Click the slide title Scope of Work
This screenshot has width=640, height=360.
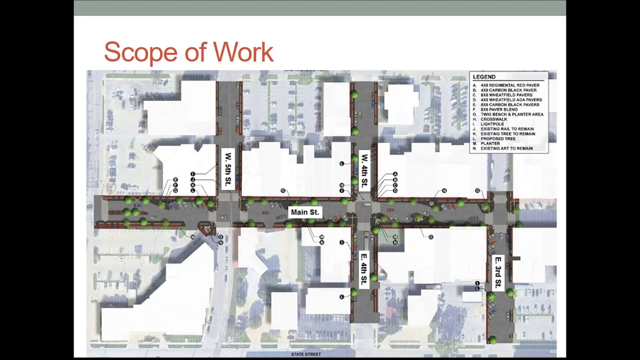click(x=188, y=52)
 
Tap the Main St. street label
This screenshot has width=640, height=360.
click(x=304, y=212)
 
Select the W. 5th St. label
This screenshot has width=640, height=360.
click(x=228, y=169)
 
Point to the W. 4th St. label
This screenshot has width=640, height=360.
click(x=364, y=170)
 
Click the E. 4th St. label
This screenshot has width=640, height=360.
click(x=364, y=269)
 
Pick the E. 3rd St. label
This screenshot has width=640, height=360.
click(x=498, y=272)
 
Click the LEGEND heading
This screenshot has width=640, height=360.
click(x=484, y=77)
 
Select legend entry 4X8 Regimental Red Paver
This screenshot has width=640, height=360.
click(x=509, y=85)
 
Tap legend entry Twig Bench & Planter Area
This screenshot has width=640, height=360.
click(x=511, y=114)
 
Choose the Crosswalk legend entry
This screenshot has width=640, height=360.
click(x=493, y=119)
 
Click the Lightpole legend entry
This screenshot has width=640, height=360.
click(x=492, y=124)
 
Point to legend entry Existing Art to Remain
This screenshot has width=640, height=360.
click(x=506, y=148)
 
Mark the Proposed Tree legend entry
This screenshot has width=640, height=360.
click(x=497, y=138)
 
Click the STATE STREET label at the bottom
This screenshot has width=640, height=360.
click(x=306, y=354)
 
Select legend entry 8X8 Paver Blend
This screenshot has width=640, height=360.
click(x=498, y=109)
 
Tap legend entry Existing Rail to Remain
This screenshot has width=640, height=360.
click(x=506, y=129)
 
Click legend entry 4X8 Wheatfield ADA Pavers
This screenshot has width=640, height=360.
click(x=511, y=100)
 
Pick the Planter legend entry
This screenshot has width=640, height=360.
click(x=490, y=143)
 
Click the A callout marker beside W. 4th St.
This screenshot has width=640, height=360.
click(x=395, y=174)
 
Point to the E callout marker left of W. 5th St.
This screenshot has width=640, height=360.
click(x=175, y=179)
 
